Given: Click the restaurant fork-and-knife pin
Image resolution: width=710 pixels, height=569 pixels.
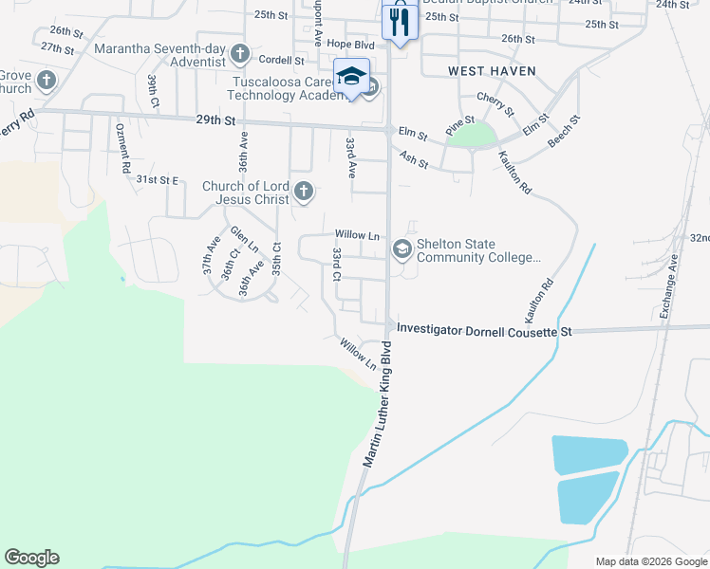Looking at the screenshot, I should click(400, 21).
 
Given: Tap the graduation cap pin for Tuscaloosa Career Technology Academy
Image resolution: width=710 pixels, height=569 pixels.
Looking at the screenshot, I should click(351, 77).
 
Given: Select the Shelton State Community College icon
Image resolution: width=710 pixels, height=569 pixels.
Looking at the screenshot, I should click(402, 249).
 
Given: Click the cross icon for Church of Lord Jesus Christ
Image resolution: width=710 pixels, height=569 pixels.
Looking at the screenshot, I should click(304, 193).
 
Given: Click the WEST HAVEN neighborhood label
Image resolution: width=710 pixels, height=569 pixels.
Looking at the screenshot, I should click(492, 71).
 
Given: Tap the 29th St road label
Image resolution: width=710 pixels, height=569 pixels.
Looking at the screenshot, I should click(215, 120).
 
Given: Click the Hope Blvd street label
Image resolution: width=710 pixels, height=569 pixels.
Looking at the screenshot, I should click(350, 44).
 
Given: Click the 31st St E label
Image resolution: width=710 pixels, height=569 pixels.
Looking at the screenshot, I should click(157, 179).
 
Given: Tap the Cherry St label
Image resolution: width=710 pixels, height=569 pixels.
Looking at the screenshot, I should click(495, 104).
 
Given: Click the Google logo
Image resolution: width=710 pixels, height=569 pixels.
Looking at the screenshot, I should click(31, 558).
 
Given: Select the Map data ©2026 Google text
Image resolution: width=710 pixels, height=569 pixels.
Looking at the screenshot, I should click(650, 561).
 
